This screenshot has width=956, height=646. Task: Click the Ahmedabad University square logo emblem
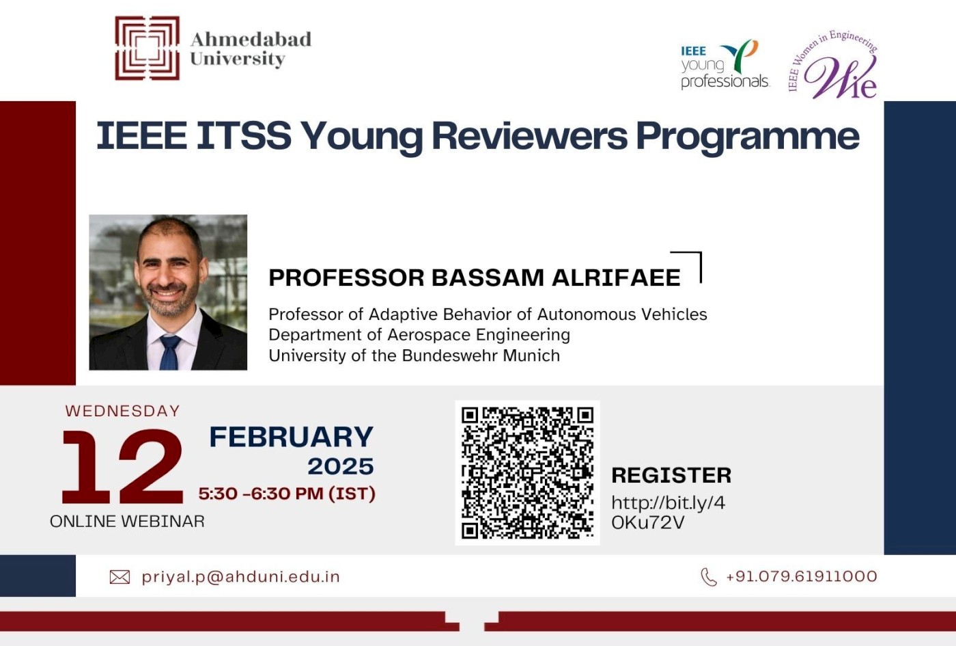[147, 48]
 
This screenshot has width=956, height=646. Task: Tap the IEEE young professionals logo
[724, 65]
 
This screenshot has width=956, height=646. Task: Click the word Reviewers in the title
[529, 135]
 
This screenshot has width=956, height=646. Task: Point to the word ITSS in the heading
[244, 135]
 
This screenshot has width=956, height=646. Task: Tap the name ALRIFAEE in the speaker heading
[615, 278]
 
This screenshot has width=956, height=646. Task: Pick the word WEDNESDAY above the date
[123, 411]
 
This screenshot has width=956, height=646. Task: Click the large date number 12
[123, 468]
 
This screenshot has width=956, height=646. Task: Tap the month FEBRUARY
[291, 437]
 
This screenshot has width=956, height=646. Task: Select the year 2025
[340, 466]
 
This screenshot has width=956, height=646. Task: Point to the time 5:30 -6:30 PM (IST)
[287, 494]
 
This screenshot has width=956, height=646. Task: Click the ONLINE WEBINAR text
[127, 521]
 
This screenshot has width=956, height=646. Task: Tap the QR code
[527, 472]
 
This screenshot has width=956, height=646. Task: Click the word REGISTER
[671, 475]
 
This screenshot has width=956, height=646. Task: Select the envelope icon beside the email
[119, 578]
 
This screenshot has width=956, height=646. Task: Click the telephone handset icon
[709, 577]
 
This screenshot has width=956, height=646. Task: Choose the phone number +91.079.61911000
[801, 576]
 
